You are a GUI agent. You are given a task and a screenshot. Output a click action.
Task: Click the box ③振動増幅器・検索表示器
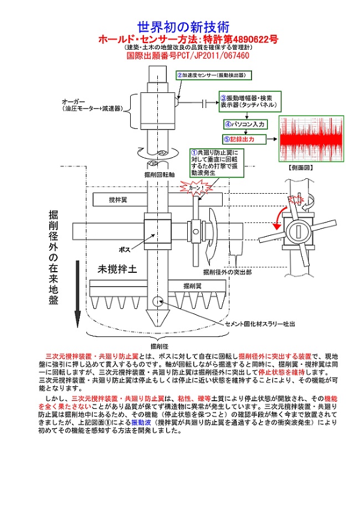click(x=248, y=100)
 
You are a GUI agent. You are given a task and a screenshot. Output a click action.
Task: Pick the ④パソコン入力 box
click(x=245, y=124)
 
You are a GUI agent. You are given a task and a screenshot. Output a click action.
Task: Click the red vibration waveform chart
click(x=310, y=139)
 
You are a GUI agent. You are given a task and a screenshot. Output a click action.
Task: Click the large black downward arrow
click(x=78, y=293)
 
